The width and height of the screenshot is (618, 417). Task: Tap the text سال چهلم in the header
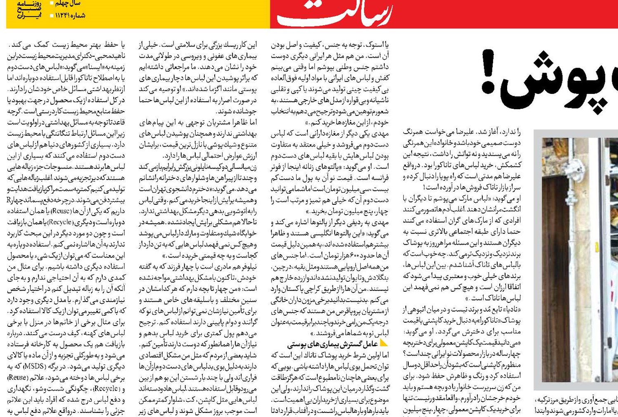click(x=68, y=3)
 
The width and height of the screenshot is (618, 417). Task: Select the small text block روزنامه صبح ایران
click(x=29, y=9)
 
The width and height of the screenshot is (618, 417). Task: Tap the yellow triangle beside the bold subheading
click(x=384, y=342)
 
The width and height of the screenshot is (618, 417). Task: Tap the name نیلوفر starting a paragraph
click(x=247, y=267)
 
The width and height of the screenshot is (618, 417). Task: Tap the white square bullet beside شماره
click(x=51, y=16)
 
